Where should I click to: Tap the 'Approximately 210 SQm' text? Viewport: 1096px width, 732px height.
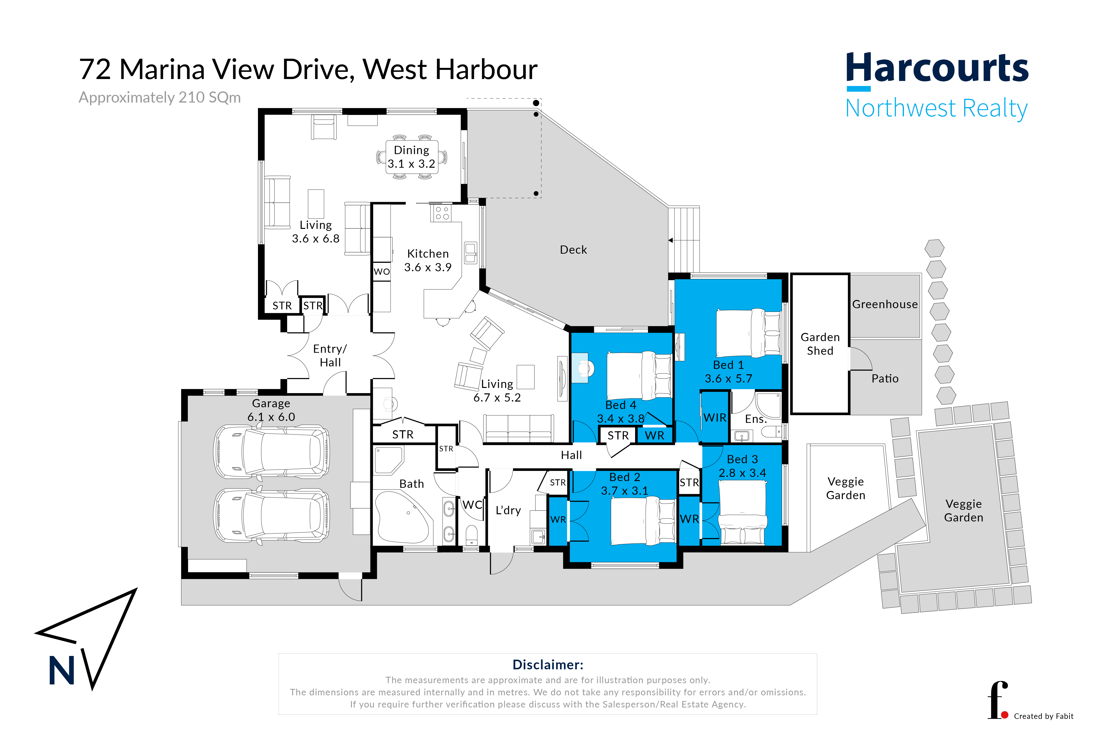pos(160,98)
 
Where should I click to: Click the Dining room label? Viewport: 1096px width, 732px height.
pos(411,157)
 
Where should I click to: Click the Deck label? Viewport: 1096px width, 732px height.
pos(573,250)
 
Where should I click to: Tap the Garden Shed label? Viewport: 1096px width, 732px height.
pos(820,344)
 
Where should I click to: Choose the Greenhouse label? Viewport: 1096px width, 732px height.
pos(885,304)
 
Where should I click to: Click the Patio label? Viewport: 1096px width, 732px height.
pos(885,379)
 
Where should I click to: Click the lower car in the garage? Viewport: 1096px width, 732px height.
pos(271,516)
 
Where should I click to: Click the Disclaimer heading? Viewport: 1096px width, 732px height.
pos(548,665)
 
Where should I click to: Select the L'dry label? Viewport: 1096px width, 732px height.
pos(508,510)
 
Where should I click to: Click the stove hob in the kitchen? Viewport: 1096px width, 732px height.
pos(441,213)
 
